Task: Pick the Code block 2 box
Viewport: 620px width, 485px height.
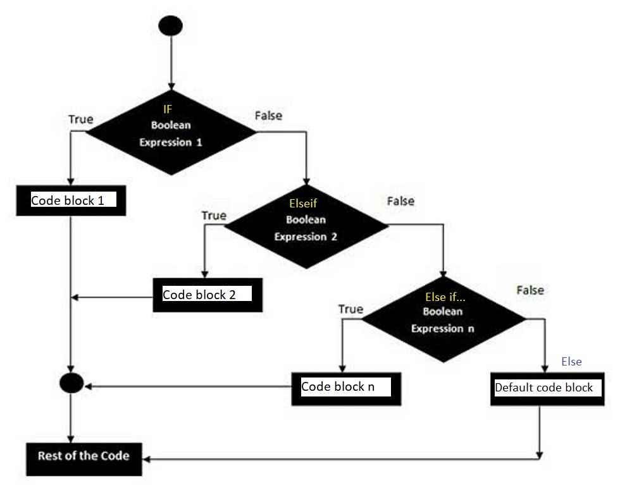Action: (x=208, y=295)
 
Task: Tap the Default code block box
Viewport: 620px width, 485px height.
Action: (x=544, y=388)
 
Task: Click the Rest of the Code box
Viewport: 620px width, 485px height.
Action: (x=84, y=456)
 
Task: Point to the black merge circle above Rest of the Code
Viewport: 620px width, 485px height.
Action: (x=71, y=383)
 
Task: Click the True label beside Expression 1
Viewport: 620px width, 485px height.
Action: (x=80, y=119)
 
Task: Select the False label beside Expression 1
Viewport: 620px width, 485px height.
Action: (x=268, y=116)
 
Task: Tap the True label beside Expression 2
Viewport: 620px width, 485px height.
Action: (x=214, y=216)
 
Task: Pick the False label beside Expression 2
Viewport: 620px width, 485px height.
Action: (x=400, y=201)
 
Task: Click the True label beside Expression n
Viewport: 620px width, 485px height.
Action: (x=350, y=309)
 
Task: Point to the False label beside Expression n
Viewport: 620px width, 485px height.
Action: (x=530, y=290)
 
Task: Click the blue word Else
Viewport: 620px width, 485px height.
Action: (x=571, y=362)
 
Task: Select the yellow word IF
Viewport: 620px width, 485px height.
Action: (x=168, y=110)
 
